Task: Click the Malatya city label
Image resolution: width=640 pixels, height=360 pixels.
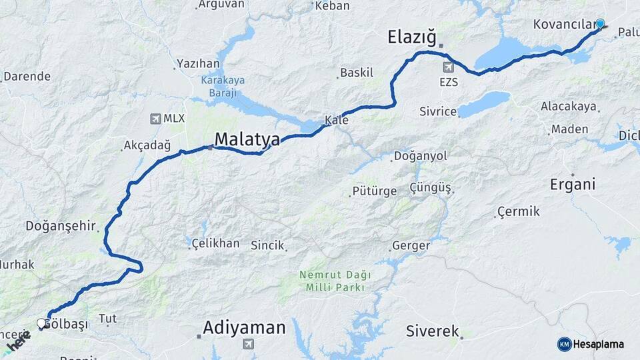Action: [247, 139]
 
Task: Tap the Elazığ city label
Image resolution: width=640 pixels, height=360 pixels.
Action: [411, 37]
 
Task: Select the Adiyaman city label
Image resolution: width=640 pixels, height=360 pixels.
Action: [244, 327]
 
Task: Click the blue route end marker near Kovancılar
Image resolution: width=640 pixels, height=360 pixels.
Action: [600, 24]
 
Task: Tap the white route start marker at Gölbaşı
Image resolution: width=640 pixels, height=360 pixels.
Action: [42, 323]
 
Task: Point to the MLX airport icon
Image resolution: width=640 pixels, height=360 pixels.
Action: [155, 119]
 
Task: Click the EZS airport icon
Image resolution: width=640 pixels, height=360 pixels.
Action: [448, 67]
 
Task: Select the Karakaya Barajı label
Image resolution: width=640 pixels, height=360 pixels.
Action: [223, 86]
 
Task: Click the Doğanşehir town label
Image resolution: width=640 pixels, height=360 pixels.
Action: [61, 225]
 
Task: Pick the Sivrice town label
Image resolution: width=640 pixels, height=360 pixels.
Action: [437, 111]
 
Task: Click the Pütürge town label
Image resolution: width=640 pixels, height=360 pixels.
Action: [374, 191]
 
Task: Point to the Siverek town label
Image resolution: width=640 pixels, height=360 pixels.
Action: [433, 331]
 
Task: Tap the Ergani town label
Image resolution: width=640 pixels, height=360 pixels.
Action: [572, 185]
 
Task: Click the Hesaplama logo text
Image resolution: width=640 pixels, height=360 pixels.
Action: [598, 344]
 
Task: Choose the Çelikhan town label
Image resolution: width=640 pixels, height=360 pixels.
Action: [215, 243]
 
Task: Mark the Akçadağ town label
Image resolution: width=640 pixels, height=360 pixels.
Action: [147, 145]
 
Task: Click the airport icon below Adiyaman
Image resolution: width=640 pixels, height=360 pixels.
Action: [248, 344]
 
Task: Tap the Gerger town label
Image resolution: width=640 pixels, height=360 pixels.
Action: [411, 245]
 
